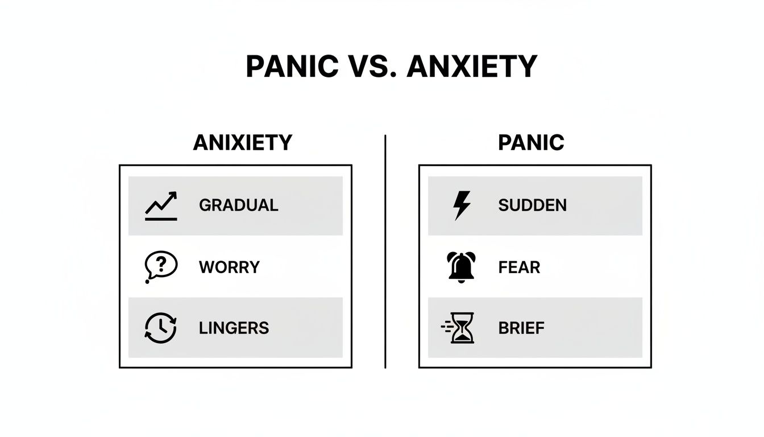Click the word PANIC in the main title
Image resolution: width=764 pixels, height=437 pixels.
click(x=290, y=67)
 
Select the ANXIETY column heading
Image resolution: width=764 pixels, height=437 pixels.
click(x=243, y=142)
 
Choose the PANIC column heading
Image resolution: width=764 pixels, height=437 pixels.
click(x=531, y=142)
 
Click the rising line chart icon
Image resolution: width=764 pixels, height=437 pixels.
click(x=161, y=206)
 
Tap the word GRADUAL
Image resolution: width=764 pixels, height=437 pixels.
click(x=238, y=205)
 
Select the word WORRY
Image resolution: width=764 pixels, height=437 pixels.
click(x=229, y=267)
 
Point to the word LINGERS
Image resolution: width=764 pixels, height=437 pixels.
click(x=234, y=328)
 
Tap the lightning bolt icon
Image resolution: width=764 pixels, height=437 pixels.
click(x=461, y=205)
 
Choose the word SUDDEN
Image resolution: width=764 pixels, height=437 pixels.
click(x=532, y=205)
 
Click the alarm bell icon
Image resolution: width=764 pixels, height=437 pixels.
click(x=461, y=267)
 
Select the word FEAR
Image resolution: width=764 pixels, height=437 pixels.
click(x=519, y=267)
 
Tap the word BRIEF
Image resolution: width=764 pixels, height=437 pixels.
click(x=521, y=328)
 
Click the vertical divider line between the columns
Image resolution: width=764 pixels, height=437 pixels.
click(x=385, y=250)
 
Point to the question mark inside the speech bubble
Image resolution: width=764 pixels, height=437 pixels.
click(x=161, y=263)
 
